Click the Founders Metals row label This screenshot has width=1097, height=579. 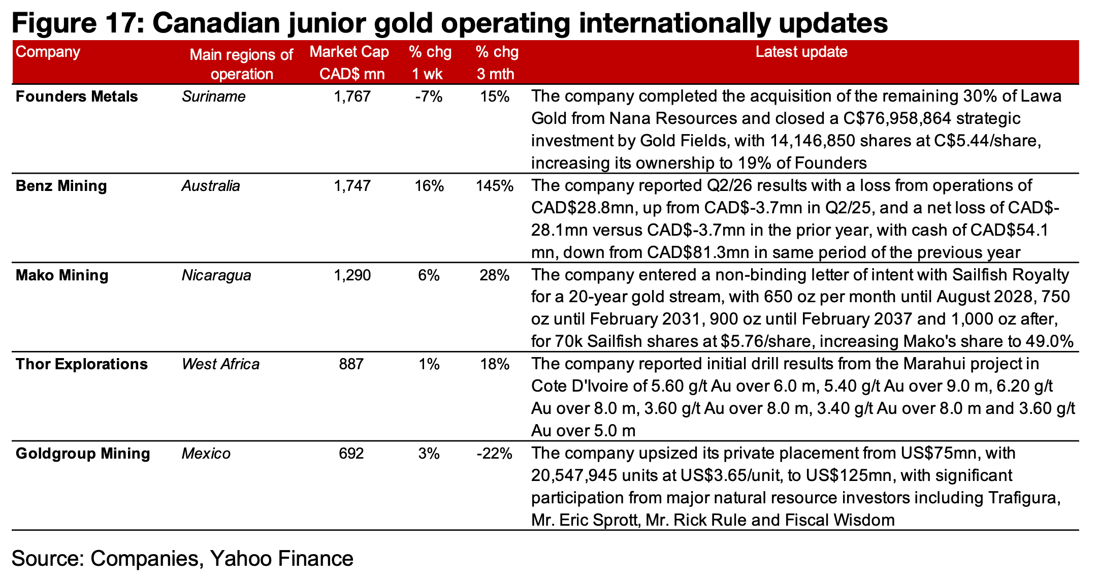point(77,96)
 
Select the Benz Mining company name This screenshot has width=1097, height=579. point(61,186)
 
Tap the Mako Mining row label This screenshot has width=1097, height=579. point(62,275)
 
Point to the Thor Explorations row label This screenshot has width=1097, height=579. point(82,364)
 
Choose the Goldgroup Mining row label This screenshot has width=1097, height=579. point(83,454)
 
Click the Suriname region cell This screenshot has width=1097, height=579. point(214,96)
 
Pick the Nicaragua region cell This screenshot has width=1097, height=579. point(216,275)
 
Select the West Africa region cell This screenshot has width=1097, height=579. point(220,364)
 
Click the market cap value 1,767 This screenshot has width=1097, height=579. point(352,96)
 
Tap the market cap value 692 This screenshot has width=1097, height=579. point(351,454)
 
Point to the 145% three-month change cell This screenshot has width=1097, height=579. point(495,186)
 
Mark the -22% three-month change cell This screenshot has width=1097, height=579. point(495,454)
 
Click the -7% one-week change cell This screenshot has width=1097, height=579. point(429,96)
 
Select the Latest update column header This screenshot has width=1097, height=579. point(801,52)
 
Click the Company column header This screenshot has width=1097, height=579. point(48,52)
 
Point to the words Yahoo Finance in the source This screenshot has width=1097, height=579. point(281,559)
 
